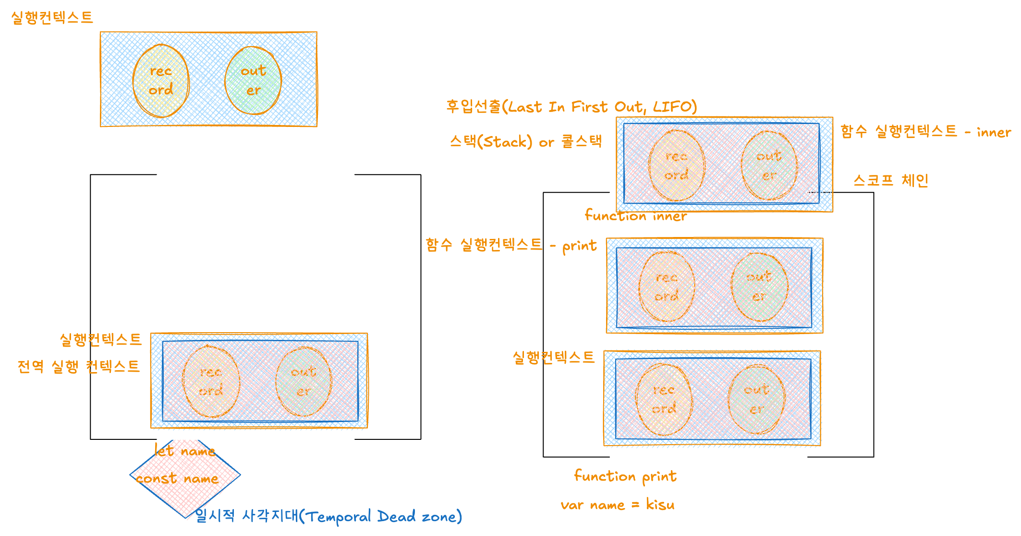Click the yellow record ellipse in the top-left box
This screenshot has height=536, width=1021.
click(161, 81)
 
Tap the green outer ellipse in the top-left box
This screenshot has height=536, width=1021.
click(253, 81)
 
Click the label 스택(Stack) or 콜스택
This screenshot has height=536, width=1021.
click(525, 142)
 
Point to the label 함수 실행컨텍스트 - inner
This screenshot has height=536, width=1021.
click(925, 132)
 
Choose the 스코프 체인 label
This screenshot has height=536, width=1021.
click(890, 180)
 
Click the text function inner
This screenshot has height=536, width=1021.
click(635, 216)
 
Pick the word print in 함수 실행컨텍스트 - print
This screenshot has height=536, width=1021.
click(579, 246)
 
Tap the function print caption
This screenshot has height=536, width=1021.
click(625, 476)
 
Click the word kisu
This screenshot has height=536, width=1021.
click(660, 505)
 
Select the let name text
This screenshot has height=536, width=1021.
click(184, 451)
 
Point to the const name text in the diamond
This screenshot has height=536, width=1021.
click(177, 479)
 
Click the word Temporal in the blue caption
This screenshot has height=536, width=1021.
click(339, 517)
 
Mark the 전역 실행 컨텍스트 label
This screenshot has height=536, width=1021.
click(78, 367)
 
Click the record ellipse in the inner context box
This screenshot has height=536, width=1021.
click(677, 165)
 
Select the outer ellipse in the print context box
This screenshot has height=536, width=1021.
click(759, 287)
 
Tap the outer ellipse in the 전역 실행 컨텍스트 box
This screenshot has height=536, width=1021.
click(304, 382)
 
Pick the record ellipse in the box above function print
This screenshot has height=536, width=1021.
click(664, 399)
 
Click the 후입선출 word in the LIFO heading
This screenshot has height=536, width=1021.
click(473, 107)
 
